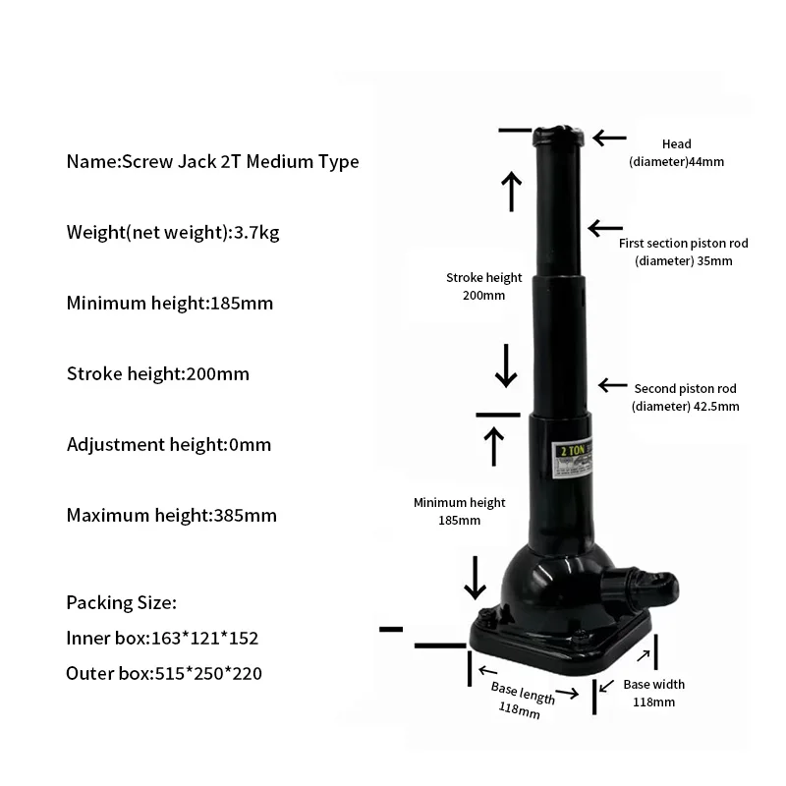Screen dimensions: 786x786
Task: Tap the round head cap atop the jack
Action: point(561,134)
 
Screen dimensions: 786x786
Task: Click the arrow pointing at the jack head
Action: point(610,139)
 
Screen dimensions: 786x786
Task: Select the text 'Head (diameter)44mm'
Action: point(676,153)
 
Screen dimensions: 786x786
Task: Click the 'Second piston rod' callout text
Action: point(685,397)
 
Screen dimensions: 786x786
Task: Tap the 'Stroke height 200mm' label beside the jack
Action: point(476,286)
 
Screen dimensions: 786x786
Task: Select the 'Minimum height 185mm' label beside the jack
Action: point(446,511)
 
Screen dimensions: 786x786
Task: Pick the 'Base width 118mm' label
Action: point(653,693)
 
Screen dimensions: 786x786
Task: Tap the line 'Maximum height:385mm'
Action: point(171,515)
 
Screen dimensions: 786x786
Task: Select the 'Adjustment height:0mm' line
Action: point(168,444)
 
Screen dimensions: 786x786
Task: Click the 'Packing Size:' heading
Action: point(121,602)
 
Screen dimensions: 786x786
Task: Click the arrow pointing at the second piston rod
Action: point(613,385)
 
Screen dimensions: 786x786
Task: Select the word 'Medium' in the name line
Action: point(279,162)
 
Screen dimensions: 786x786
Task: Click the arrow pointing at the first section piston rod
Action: point(605,228)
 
